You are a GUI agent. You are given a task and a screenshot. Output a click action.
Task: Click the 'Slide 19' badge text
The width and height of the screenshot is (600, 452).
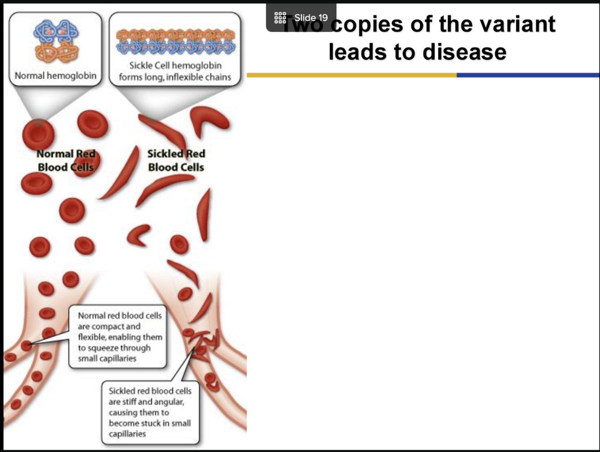coord(311,18)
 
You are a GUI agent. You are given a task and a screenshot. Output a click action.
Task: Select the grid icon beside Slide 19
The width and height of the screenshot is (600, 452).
coord(280,18)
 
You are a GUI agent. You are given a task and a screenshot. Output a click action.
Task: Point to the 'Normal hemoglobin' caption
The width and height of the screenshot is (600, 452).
coord(55,75)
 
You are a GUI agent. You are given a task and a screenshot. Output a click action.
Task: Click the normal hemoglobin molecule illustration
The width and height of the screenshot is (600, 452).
coord(56,41)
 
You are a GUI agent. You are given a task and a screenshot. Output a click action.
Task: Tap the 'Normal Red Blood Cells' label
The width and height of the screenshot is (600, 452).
coord(66,160)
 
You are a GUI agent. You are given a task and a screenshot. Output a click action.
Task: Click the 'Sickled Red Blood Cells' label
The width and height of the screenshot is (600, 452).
coord(176,160)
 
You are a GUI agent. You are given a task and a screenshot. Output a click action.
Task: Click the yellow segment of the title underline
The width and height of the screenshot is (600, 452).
coord(351,75)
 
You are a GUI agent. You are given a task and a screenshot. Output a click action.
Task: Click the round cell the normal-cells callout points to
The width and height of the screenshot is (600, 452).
coord(27,346)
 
